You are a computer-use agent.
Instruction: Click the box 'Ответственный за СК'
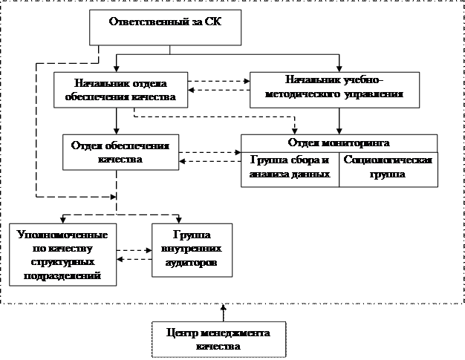point(169,28)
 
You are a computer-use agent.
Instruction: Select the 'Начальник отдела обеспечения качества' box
point(121,89)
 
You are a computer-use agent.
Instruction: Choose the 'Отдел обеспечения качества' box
point(120,151)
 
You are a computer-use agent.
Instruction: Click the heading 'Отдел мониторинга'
point(339,143)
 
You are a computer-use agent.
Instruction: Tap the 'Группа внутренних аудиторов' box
point(191,250)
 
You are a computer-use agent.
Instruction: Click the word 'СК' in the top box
point(213,22)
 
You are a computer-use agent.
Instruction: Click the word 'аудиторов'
point(191,265)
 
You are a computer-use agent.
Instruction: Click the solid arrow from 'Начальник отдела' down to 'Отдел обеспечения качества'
point(116,120)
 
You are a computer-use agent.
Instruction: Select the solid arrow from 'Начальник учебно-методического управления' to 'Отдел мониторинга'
point(339,119)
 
